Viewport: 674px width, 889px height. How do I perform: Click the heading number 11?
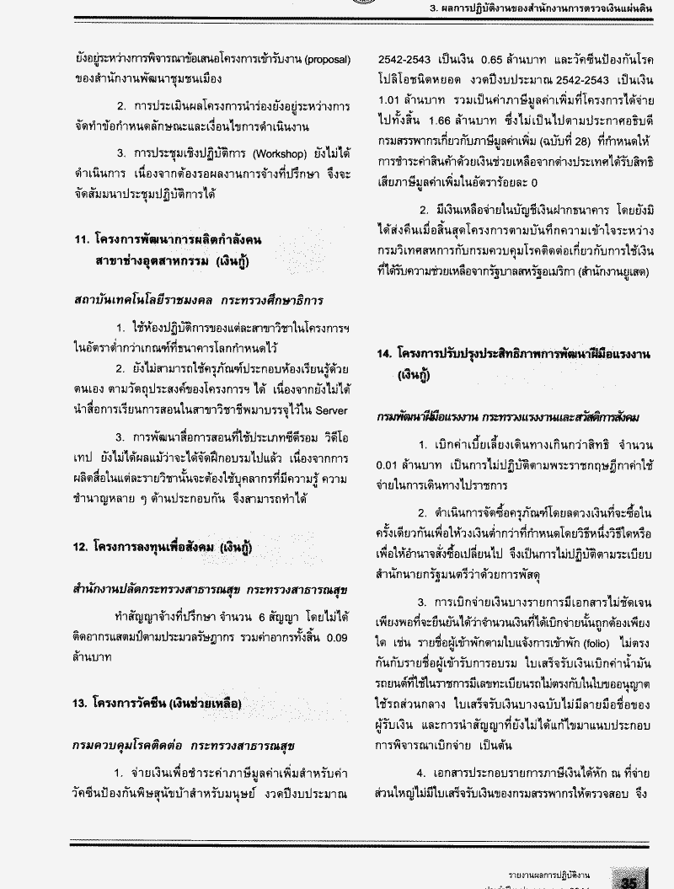[x=81, y=240]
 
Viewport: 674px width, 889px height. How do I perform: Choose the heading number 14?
[x=386, y=355]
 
